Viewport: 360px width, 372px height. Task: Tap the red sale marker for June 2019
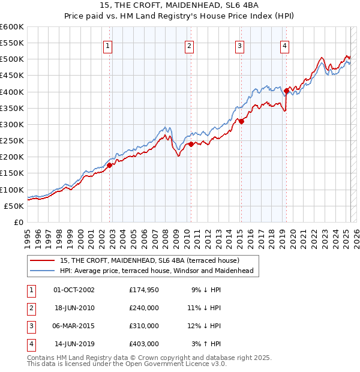pyautogui.click(x=286, y=91)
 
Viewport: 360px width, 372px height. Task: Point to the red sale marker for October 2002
pyautogui.click(x=110, y=165)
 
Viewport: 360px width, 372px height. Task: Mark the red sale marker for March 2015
pyautogui.click(x=241, y=121)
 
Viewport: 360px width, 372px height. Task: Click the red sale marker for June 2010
pyautogui.click(x=190, y=144)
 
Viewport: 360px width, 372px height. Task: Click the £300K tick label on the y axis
pyautogui.click(x=12, y=124)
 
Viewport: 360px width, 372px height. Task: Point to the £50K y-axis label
pyautogui.click(x=14, y=206)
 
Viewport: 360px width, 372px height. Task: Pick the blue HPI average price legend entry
pyautogui.click(x=156, y=271)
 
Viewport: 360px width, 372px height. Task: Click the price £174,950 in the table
pyautogui.click(x=144, y=290)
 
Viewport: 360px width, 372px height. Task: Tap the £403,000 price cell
pyautogui.click(x=144, y=344)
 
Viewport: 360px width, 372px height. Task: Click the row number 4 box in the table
pyautogui.click(x=31, y=344)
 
